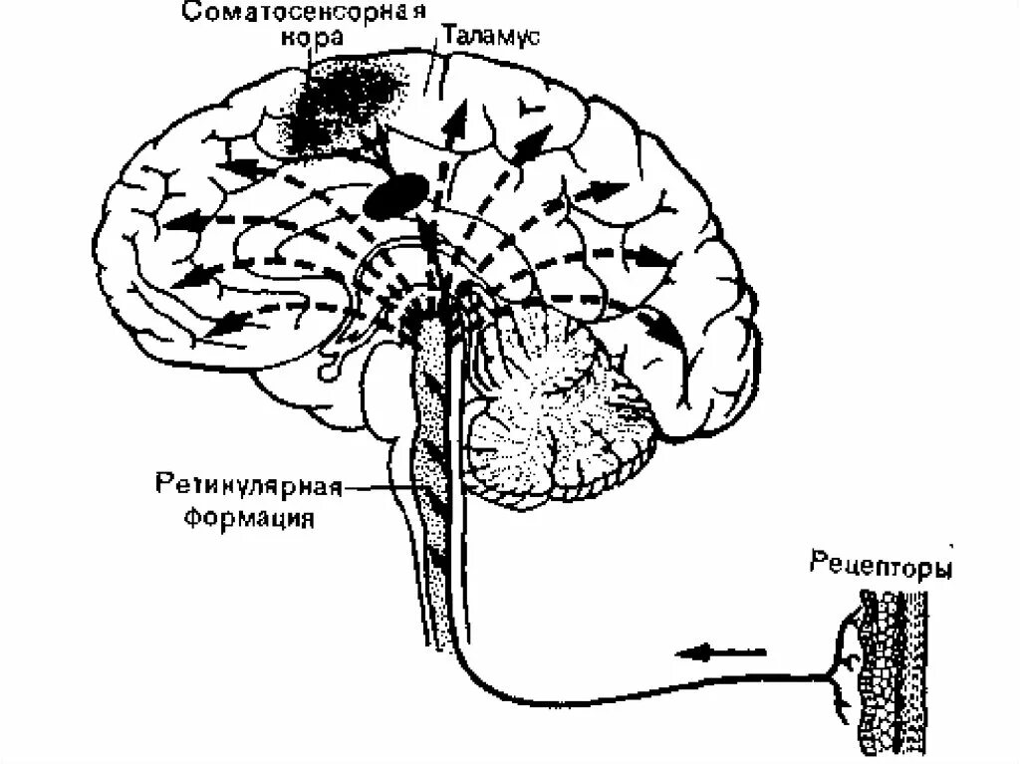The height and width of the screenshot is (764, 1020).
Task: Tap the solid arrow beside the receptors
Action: (x=719, y=654)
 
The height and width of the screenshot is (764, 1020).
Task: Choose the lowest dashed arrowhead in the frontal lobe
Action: (x=227, y=322)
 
